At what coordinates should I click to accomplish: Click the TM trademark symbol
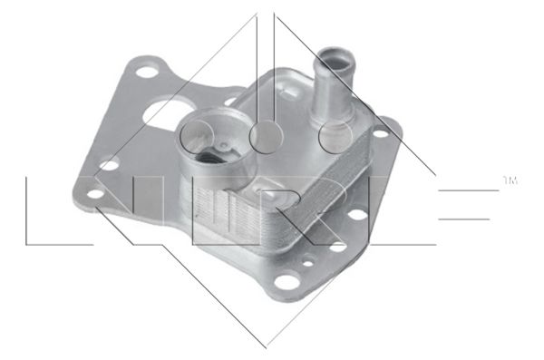[x=510, y=180]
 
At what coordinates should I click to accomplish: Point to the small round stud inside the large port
[x=225, y=146]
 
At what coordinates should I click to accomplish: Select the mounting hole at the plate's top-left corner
[x=146, y=72]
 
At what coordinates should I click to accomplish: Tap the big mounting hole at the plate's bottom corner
[x=287, y=282]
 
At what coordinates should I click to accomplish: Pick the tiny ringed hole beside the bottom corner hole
[x=307, y=264]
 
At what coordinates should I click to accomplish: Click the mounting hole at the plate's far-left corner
[x=95, y=194]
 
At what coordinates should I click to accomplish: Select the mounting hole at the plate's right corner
[x=381, y=133]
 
